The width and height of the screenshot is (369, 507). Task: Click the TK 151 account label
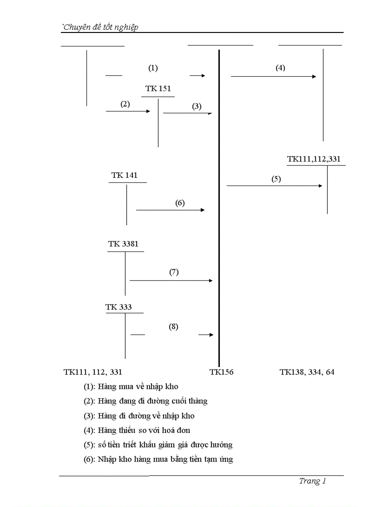(158, 88)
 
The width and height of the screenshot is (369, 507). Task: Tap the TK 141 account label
(124, 175)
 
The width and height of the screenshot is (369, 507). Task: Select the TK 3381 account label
(123, 244)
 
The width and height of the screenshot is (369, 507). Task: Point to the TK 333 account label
(118, 307)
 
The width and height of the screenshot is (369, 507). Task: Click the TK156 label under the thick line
(221, 372)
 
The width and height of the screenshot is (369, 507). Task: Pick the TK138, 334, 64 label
(307, 372)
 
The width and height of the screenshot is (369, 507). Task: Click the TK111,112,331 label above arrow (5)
(314, 159)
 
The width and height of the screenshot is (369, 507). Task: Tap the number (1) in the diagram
(153, 68)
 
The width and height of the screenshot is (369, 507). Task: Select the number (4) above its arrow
(280, 68)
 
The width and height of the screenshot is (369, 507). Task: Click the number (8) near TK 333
(174, 327)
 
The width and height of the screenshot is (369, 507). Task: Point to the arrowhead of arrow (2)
(148, 111)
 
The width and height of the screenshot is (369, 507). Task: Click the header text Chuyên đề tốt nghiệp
(100, 27)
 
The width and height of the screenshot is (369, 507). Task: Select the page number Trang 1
(312, 481)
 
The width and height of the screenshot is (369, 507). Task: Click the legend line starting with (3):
(139, 416)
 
